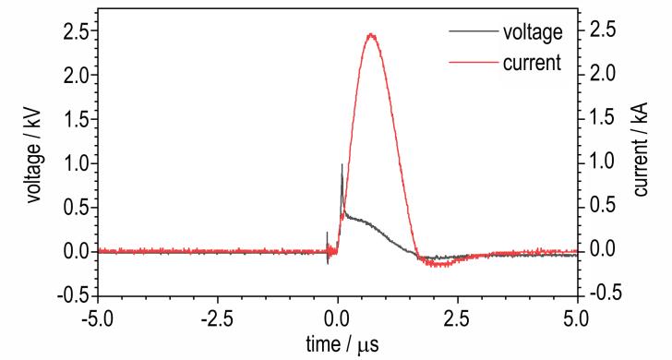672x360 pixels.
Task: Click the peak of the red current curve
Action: pyautogui.click(x=371, y=35)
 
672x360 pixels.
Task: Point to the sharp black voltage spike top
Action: pyautogui.click(x=342, y=164)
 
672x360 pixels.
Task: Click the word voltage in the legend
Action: pyautogui.click(x=533, y=32)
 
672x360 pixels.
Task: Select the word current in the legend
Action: pyautogui.click(x=532, y=63)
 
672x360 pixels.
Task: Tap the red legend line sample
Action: pyautogui.click(x=474, y=63)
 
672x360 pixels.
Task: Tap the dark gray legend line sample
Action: pyautogui.click(x=474, y=31)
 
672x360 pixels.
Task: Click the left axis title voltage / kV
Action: pyautogui.click(x=34, y=155)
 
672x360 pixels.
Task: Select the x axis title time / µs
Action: pyautogui.click(x=342, y=344)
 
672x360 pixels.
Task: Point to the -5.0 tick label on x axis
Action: pyautogui.click(x=98, y=319)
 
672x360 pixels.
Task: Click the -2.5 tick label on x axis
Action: pyautogui.click(x=218, y=319)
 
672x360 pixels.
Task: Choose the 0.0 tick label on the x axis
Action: pyautogui.click(x=338, y=319)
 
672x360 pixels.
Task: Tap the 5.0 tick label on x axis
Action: pyautogui.click(x=578, y=319)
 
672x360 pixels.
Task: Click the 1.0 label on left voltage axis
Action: pyautogui.click(x=75, y=163)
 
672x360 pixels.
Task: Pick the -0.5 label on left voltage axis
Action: pyautogui.click(x=71, y=295)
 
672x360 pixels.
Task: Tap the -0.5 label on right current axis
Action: pyautogui.click(x=605, y=293)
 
